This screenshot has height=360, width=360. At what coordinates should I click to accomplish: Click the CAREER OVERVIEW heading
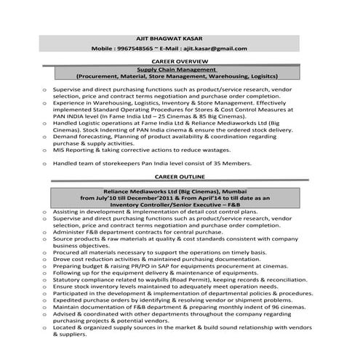(180, 61)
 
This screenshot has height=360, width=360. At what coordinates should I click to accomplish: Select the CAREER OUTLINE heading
(180, 177)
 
